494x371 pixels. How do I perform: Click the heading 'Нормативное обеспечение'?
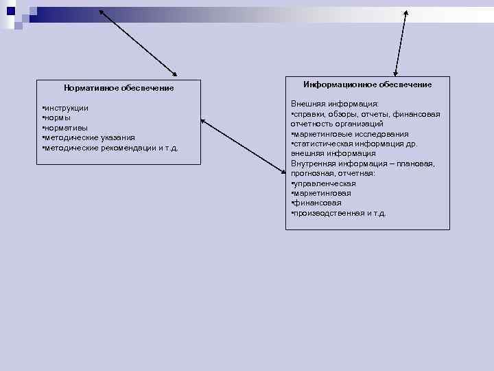[x=119, y=88]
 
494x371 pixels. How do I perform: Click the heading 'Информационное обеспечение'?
[x=368, y=85]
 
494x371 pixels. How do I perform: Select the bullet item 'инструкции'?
[x=66, y=109]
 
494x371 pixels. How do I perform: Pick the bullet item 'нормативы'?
[x=66, y=128]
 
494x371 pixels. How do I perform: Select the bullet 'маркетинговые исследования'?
[x=351, y=134]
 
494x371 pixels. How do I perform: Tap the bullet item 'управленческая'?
[x=325, y=183]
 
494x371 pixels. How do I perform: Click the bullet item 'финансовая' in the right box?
[x=317, y=203]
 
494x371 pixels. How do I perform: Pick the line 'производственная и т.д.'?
[x=340, y=213]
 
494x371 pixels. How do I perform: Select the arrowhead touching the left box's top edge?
[x=174, y=74]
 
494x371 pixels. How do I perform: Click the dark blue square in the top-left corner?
[x=12, y=11]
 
